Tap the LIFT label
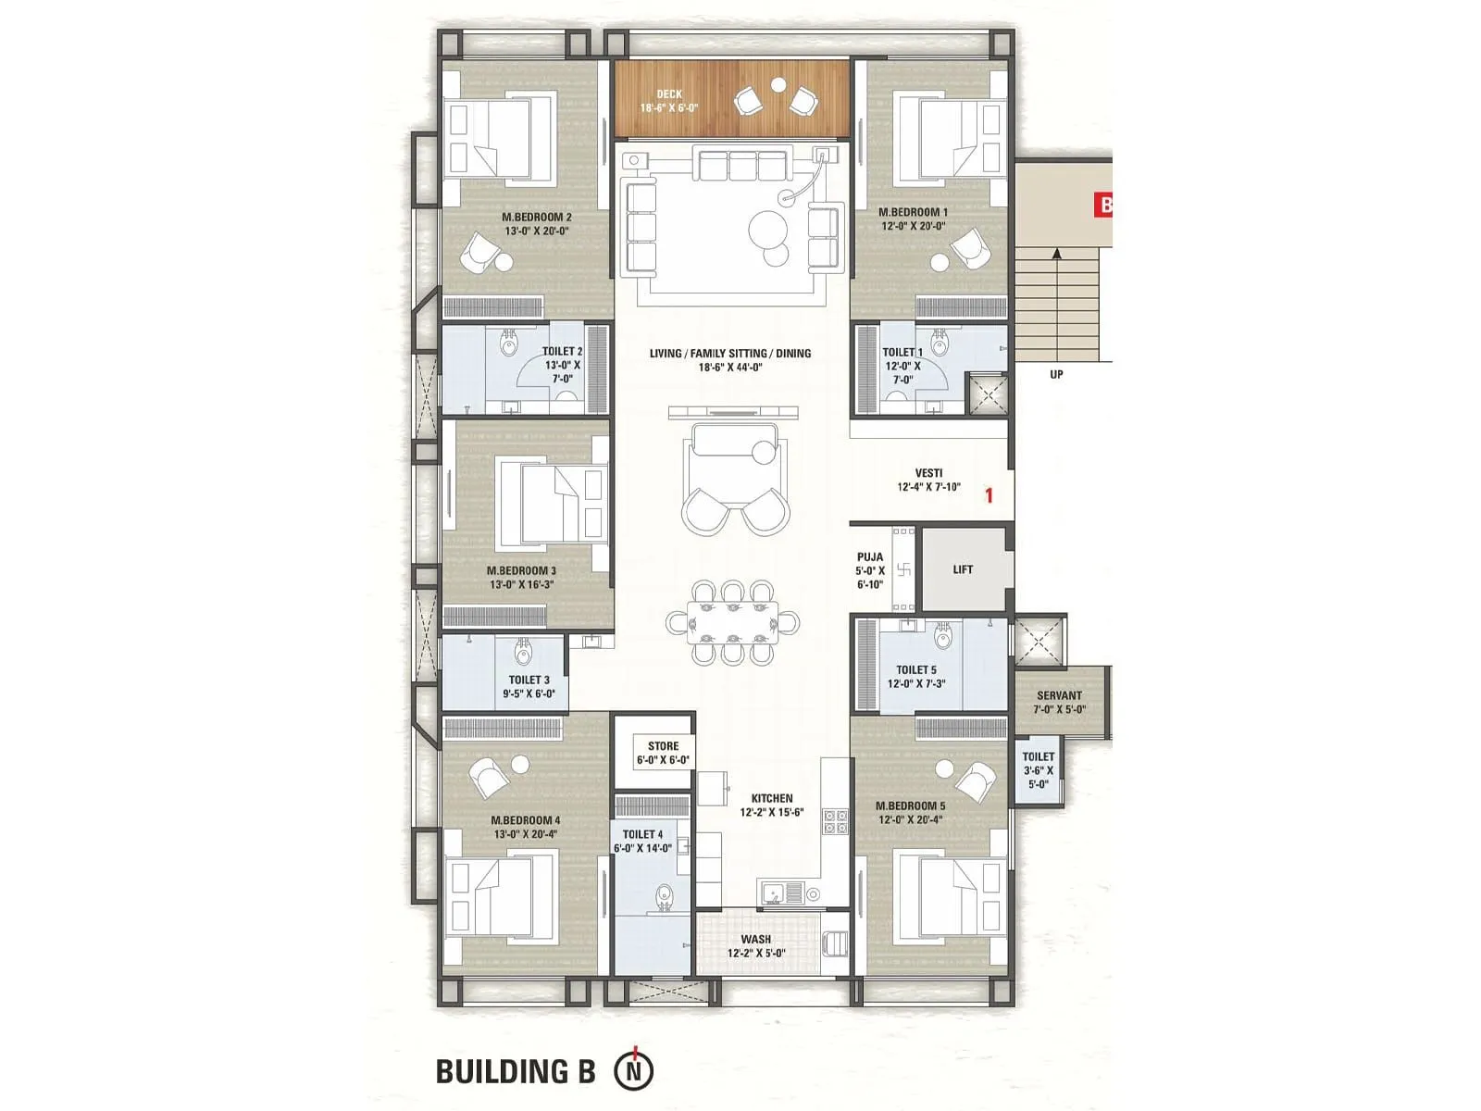tap(963, 569)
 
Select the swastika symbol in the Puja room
tap(904, 570)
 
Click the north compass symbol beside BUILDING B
tap(634, 1071)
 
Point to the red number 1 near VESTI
tap(989, 495)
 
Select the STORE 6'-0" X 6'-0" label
tap(663, 753)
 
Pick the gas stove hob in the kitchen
tap(836, 821)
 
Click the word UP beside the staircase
tap(1056, 375)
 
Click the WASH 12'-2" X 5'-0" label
tap(755, 945)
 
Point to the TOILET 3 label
tap(529, 686)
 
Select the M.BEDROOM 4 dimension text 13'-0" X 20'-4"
tap(525, 834)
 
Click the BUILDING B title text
tap(516, 1072)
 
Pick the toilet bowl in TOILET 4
tap(663, 897)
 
